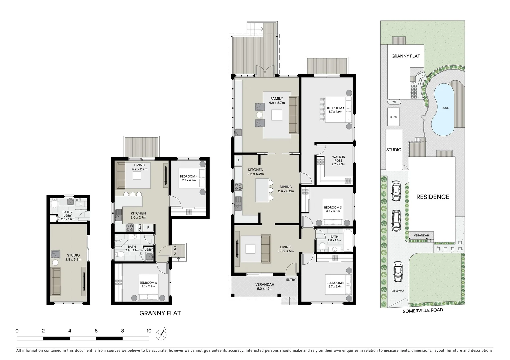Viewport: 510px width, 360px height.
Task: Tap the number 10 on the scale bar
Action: (149, 331)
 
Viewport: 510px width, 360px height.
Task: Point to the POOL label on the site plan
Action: (445, 108)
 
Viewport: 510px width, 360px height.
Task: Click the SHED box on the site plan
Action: (394, 117)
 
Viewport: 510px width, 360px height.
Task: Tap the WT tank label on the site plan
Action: (394, 102)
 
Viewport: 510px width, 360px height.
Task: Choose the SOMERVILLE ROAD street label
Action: (423, 311)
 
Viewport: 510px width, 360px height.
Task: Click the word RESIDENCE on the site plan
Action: (432, 197)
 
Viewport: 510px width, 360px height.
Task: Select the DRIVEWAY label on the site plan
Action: (398, 291)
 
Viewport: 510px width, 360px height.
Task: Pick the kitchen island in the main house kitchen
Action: (262, 190)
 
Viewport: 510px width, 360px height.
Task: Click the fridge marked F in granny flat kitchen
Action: (148, 228)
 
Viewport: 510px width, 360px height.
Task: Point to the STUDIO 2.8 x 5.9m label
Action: (73, 257)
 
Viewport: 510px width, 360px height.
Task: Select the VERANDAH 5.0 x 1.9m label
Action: (265, 286)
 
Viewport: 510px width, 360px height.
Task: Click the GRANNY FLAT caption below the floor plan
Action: (160, 313)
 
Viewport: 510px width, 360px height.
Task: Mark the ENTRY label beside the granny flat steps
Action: (175, 251)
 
